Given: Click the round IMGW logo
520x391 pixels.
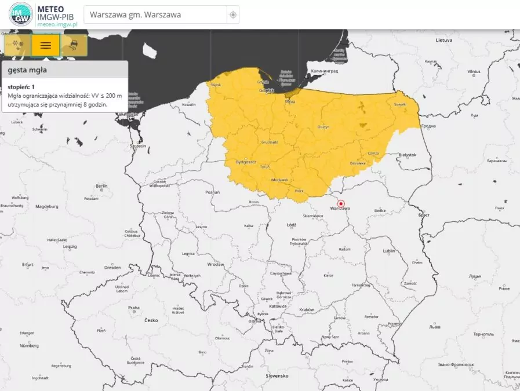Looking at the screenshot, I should coord(21,14).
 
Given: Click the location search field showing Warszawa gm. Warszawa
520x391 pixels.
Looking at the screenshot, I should coord(155,14).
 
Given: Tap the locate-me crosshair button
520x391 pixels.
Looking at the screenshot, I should coord(233,14).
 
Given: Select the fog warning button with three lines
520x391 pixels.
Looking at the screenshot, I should coord(46,45).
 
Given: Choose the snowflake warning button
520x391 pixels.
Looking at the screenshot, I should coord(18,45).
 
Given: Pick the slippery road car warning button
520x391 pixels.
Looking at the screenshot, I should coord(74,45).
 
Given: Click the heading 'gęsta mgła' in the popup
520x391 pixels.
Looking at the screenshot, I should coord(27,70).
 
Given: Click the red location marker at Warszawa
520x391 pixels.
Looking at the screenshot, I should coord(341,204).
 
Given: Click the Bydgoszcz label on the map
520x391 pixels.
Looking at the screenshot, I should coord(246,162).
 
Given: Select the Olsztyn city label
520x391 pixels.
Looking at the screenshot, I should coord(323,127).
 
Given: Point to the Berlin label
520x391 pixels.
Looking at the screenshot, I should coord(101,186).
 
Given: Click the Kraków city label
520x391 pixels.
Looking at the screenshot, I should coord(307,309).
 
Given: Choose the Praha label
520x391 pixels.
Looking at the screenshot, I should coord(133,308).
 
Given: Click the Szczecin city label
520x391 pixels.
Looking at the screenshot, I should coord(137,145).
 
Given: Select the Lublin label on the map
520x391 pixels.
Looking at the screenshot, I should coord(388,251).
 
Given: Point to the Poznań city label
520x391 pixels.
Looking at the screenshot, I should coord(212,191).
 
